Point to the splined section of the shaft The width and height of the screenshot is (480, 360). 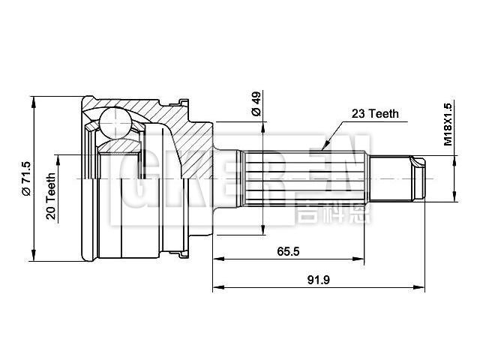307,178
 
